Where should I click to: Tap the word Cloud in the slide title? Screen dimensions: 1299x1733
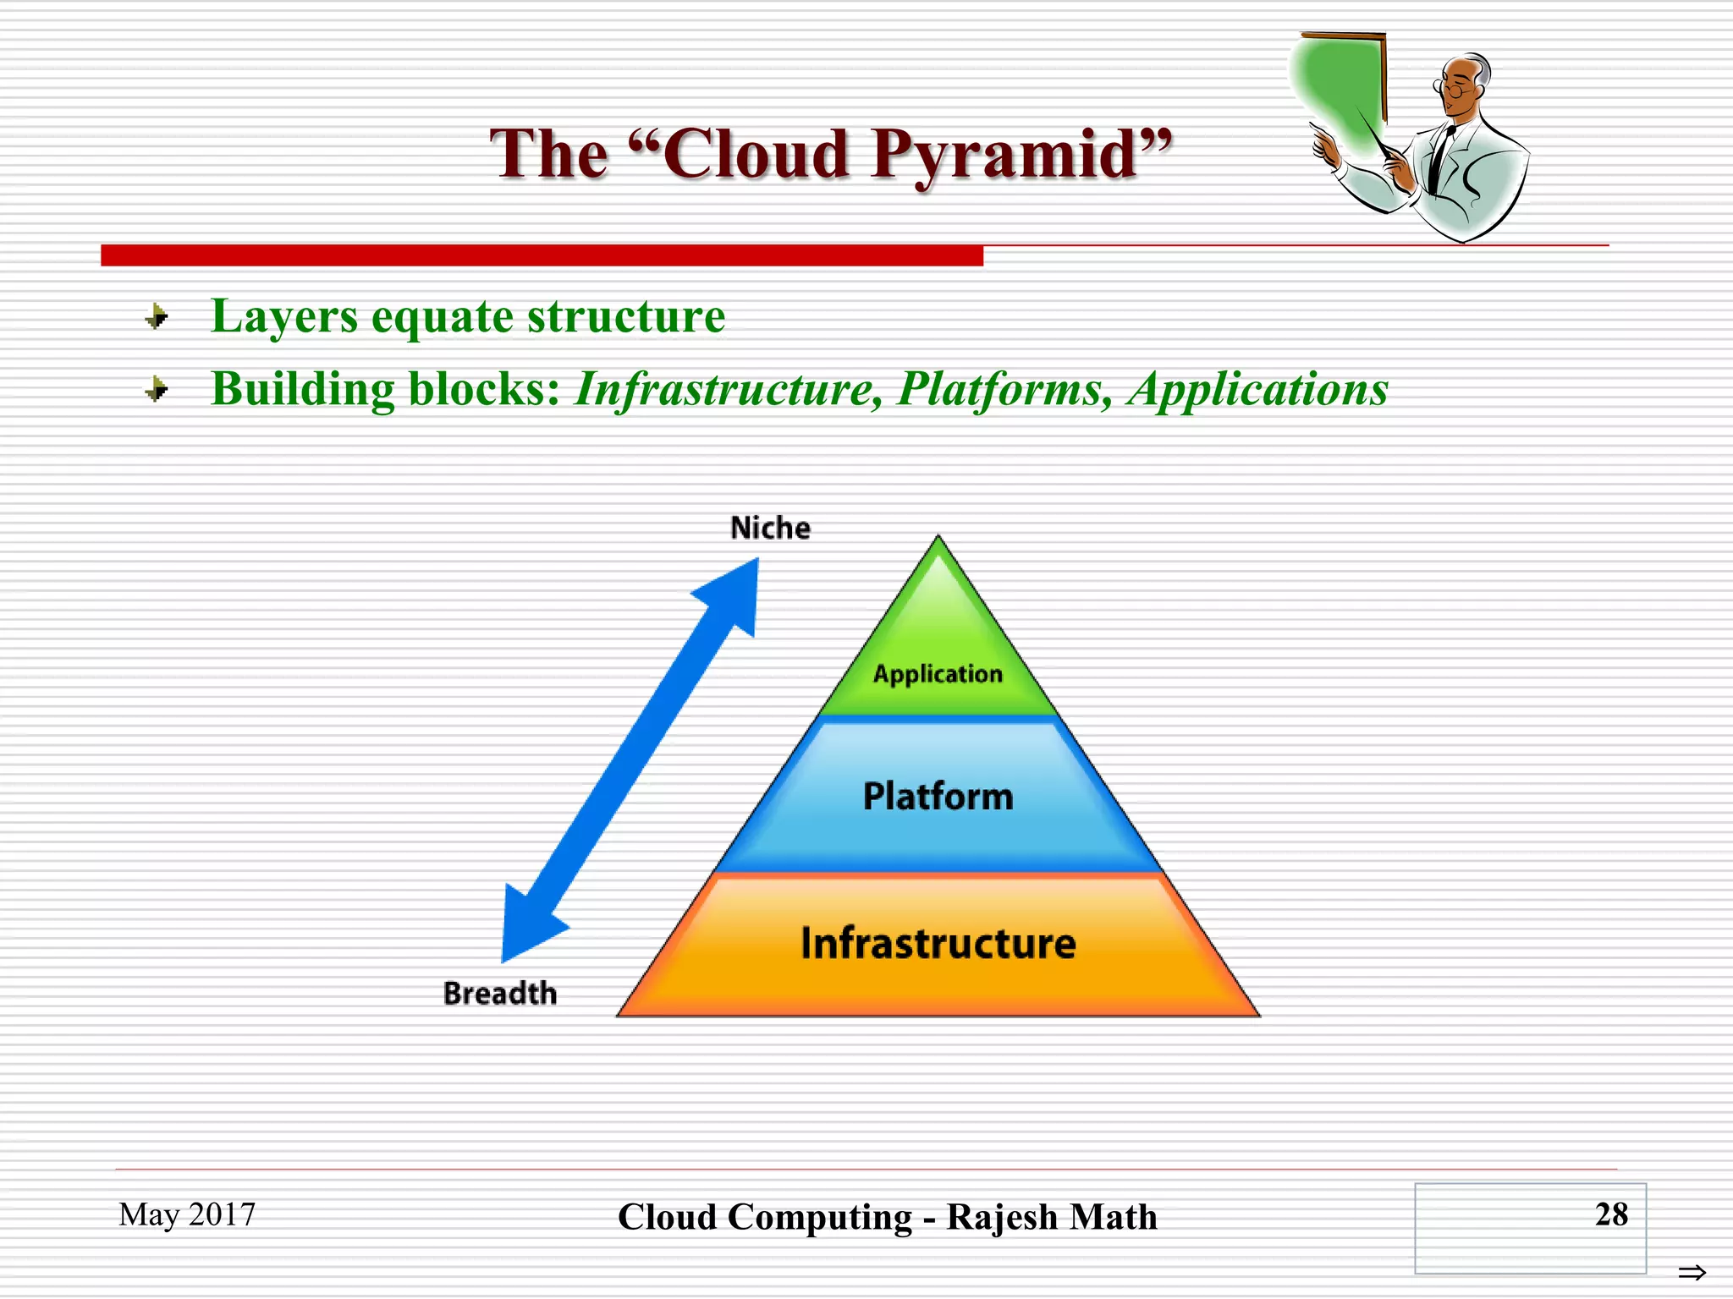(756, 154)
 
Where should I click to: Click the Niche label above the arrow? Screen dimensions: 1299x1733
(770, 528)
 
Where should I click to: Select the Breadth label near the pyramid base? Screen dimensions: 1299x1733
(500, 993)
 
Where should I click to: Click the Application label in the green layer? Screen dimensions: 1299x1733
(938, 674)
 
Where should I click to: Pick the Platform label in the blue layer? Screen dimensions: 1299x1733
(938, 796)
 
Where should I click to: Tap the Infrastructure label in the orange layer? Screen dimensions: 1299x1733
(938, 943)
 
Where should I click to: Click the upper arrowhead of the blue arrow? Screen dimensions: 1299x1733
(733, 592)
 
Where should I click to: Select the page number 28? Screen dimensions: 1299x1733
(1610, 1214)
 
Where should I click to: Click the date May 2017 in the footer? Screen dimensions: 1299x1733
(187, 1214)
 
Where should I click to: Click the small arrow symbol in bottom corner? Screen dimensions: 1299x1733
(1692, 1272)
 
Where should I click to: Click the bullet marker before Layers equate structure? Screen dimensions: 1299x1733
(157, 317)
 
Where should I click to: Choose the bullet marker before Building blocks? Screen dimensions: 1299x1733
(157, 390)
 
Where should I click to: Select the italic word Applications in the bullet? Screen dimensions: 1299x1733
(1257, 390)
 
